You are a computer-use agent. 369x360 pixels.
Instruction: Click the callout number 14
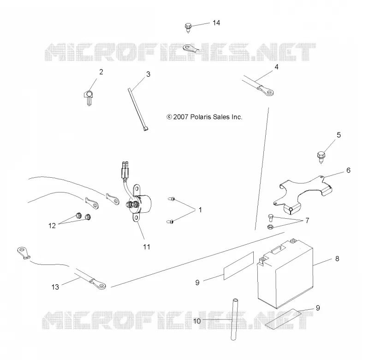pos(216,23)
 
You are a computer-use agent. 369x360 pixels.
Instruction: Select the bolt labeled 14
pos(188,28)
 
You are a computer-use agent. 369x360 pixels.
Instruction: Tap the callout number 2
pos(101,72)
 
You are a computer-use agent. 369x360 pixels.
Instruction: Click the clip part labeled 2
pos(88,97)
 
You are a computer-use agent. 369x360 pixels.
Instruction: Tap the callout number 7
pos(307,221)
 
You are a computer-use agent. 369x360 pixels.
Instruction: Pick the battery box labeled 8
pos(285,274)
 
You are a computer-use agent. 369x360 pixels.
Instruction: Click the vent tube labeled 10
pos(234,319)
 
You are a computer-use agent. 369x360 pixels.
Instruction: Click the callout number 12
pos(52,226)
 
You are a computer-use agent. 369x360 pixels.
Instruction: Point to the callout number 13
pos(55,287)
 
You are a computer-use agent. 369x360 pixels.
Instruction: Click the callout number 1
pos(200,210)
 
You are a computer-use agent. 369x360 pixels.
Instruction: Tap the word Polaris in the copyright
pos(201,117)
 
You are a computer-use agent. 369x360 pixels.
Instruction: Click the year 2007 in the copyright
pos(180,117)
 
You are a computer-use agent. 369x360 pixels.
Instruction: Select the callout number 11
pos(147,247)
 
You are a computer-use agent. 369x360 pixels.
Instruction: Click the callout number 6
pos(348,170)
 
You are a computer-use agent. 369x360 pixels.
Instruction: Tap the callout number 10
pos(197,321)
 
